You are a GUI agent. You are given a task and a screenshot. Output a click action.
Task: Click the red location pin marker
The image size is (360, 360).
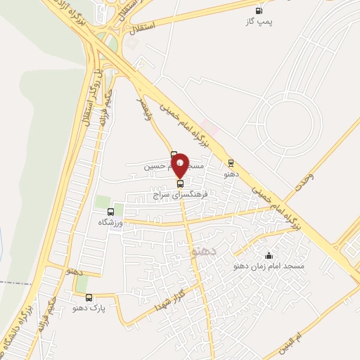click(x=181, y=165)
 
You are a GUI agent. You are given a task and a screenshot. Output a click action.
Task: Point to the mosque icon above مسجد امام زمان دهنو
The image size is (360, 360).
click(x=269, y=255)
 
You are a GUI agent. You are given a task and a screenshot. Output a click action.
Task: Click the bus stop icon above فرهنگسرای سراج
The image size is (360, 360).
click(x=181, y=183)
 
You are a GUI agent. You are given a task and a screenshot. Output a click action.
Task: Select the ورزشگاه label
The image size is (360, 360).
click(x=110, y=221)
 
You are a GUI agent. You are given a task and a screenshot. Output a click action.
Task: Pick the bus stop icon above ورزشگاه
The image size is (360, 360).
click(x=110, y=211)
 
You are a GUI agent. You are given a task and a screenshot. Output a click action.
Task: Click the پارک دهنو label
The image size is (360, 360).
click(x=89, y=308)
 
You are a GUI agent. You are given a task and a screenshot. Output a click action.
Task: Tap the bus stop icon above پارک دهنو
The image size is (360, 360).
click(x=89, y=297)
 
